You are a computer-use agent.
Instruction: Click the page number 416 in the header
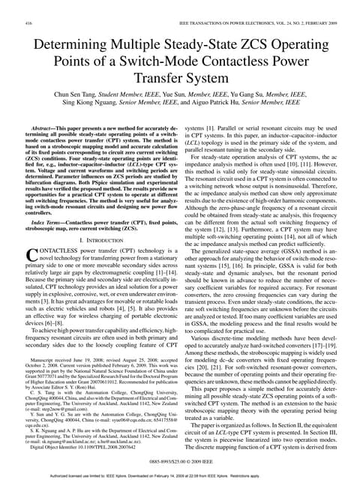29,24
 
